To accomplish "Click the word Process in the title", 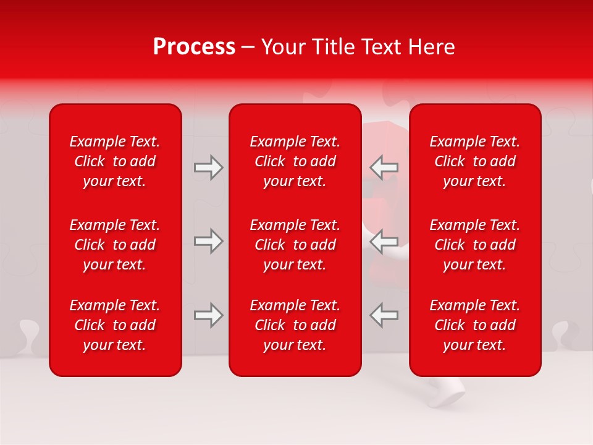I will point(194,47).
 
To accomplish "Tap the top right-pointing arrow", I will point(208,167).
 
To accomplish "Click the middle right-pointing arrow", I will point(208,241).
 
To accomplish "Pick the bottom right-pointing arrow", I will point(208,315).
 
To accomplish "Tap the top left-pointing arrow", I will point(384,167).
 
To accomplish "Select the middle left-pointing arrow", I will point(384,241).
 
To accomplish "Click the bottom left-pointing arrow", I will point(384,315).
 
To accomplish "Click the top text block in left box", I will point(115,161).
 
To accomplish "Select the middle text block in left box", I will point(115,245).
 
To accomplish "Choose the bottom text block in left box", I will point(115,325).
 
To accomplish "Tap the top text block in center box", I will point(295,161).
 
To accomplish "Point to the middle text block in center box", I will point(295,245).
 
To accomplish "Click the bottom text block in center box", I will point(295,325).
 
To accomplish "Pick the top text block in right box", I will point(474,161).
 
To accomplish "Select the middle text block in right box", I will point(474,245).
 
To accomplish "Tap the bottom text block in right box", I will point(474,325).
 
